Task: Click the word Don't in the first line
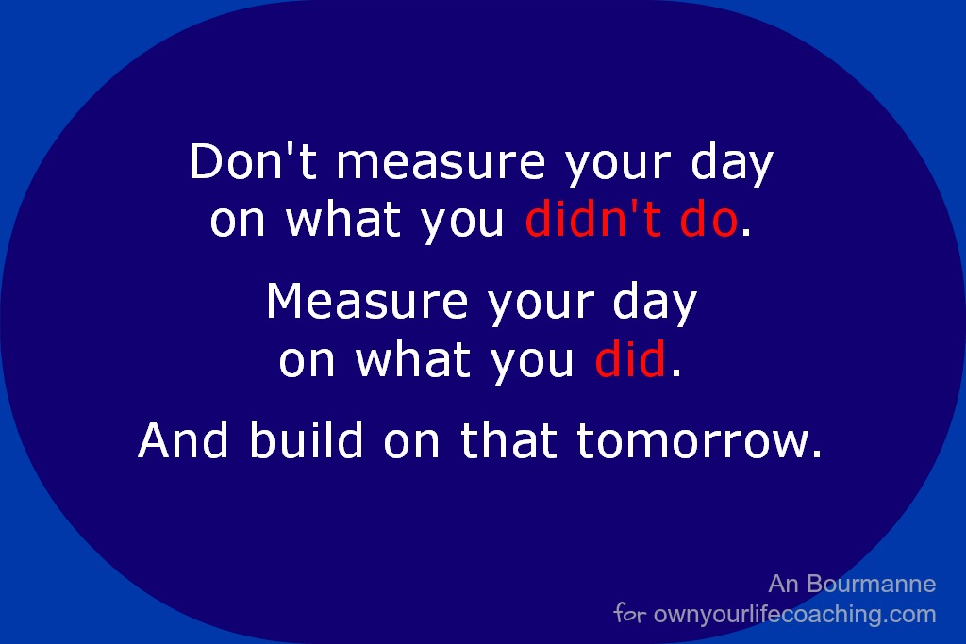(253, 161)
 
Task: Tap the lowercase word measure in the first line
(441, 163)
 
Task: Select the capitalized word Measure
(367, 301)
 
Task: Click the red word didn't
(592, 219)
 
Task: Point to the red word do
(708, 219)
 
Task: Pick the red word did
(630, 358)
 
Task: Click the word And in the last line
(183, 439)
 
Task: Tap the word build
(307, 439)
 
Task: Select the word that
(508, 439)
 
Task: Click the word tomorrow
(691, 441)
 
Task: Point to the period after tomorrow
(817, 454)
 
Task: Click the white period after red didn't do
(746, 232)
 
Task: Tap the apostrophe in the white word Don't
(288, 149)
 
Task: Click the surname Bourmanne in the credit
(871, 584)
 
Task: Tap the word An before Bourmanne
(784, 584)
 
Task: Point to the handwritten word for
(629, 613)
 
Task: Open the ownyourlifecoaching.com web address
(794, 615)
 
